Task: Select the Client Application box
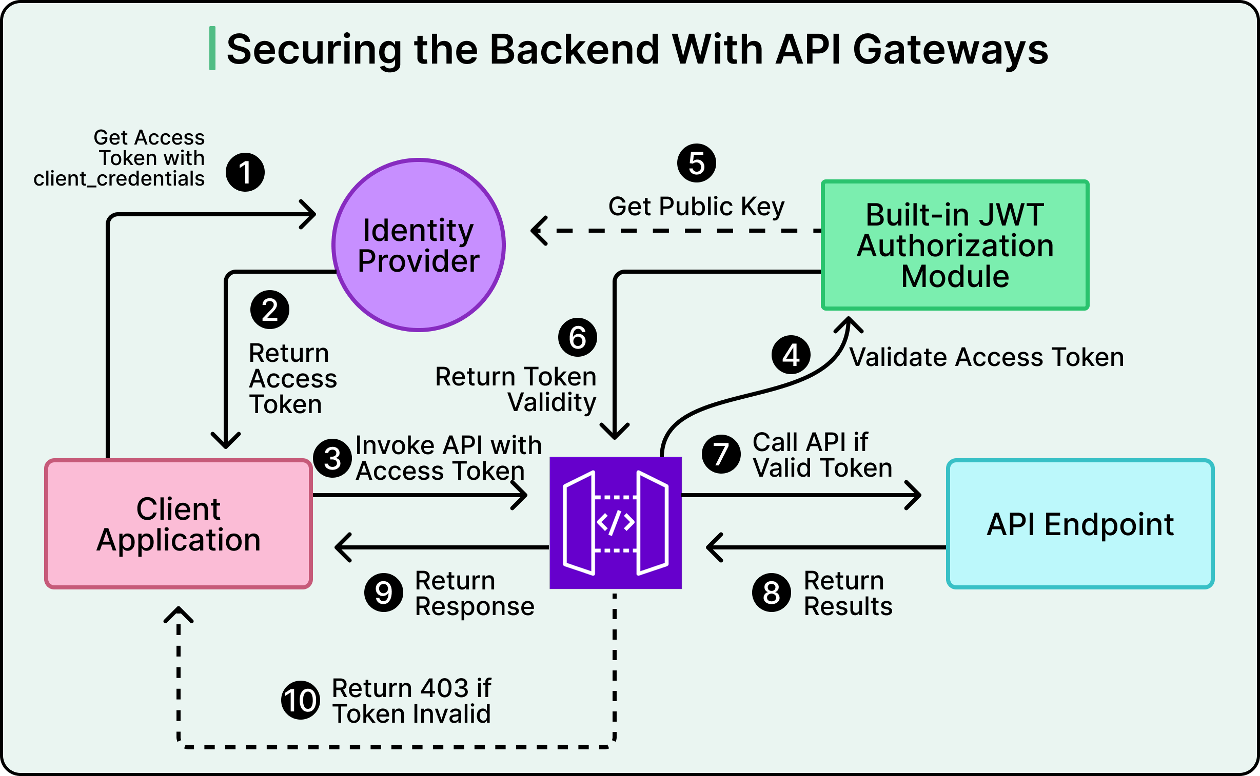pos(178,523)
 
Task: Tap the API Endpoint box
pos(1080,523)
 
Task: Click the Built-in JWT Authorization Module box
pos(954,245)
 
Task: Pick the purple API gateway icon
pos(615,522)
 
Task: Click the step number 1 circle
pos(245,172)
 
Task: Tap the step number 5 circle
pos(696,163)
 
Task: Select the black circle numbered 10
pos(301,700)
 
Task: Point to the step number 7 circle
pos(721,454)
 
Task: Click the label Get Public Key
pos(696,207)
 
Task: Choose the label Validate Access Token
pos(986,357)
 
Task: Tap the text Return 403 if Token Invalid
pos(411,701)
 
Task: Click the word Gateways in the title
pos(950,49)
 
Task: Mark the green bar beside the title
pos(212,48)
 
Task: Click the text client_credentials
pos(119,178)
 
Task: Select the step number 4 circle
pos(791,355)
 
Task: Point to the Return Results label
pos(848,594)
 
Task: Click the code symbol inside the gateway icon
pos(615,522)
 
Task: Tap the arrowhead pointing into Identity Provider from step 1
pos(309,215)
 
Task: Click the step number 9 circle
pos(383,593)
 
